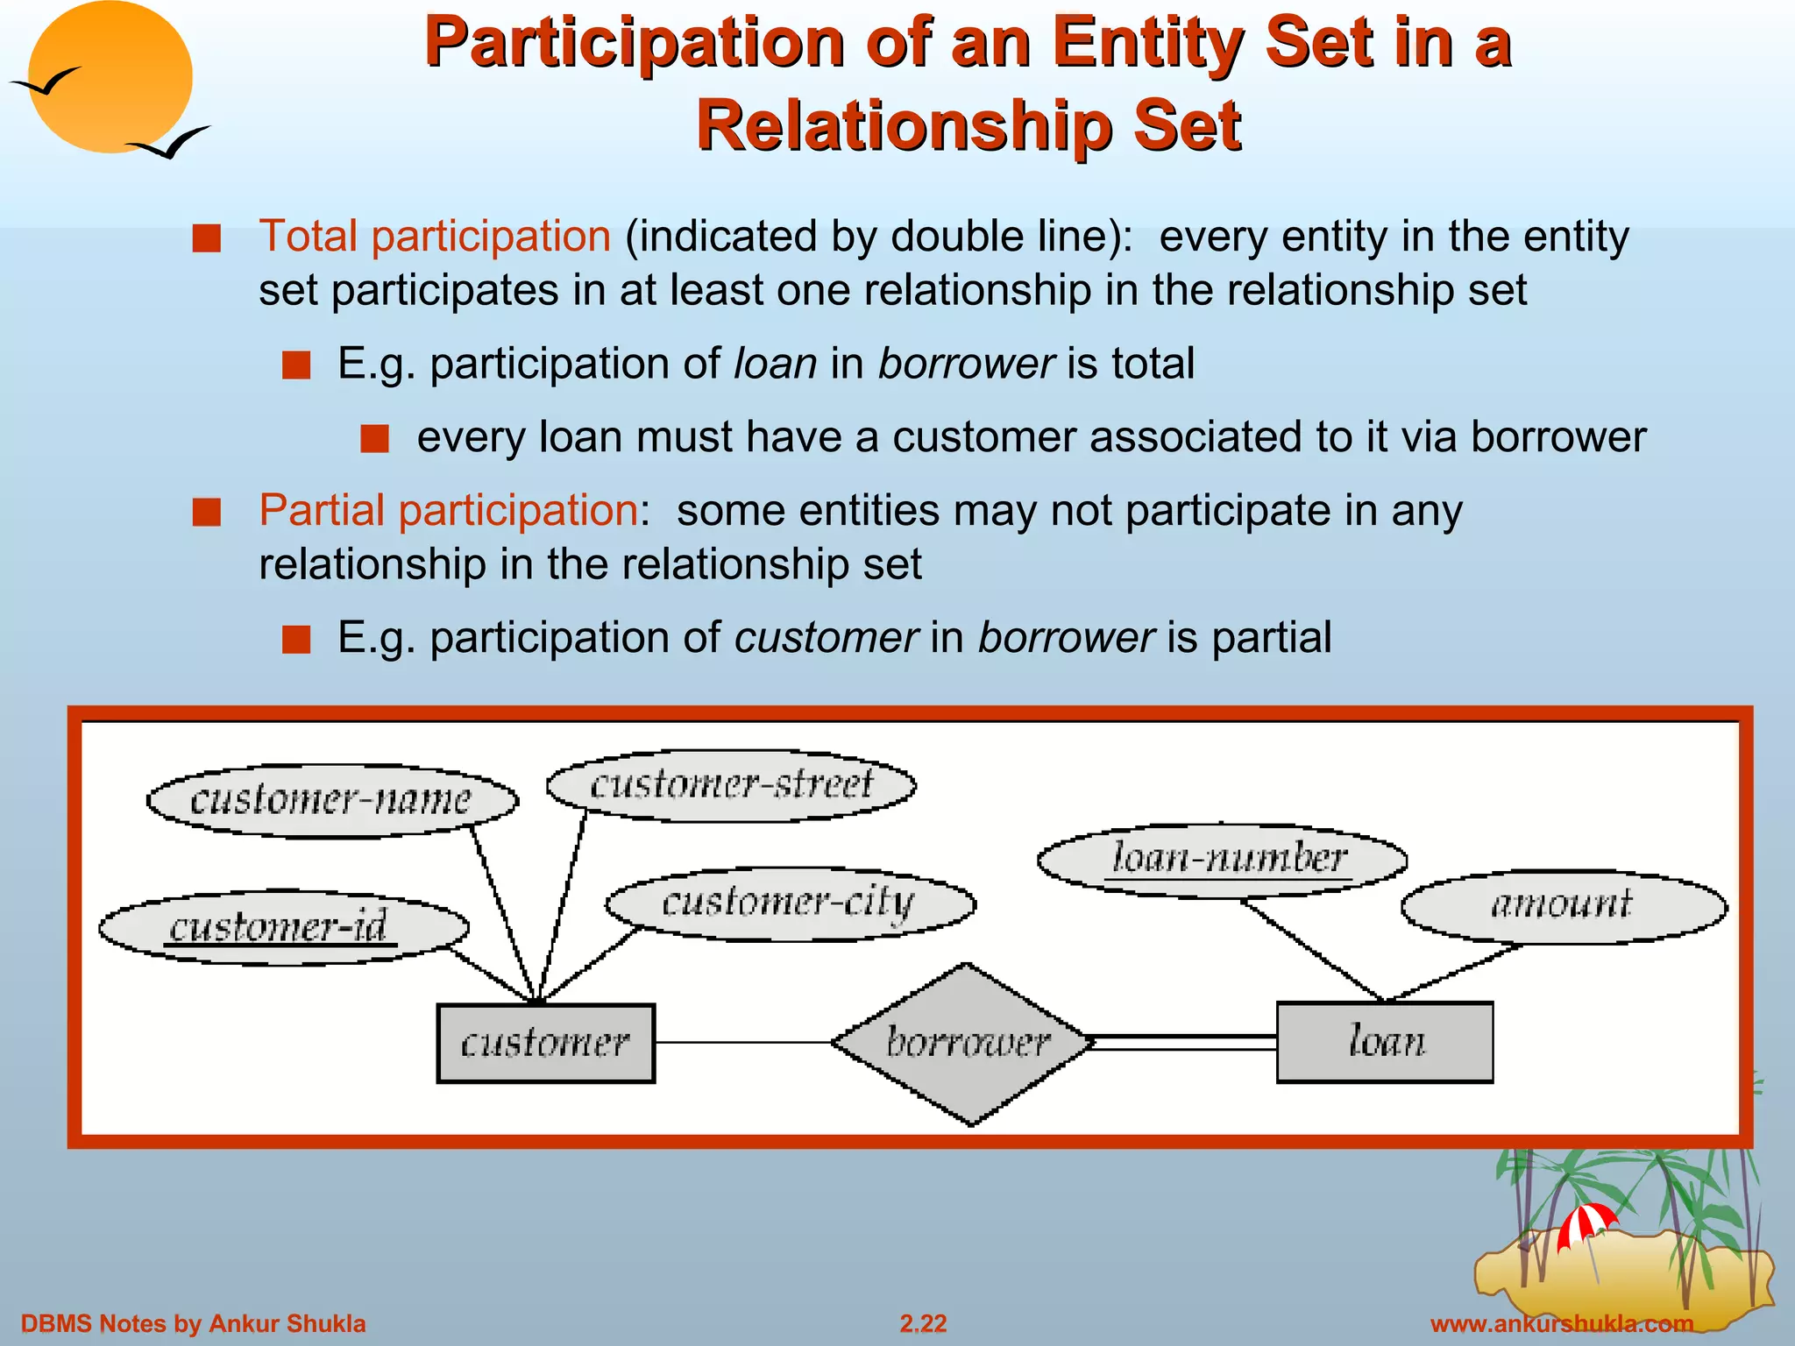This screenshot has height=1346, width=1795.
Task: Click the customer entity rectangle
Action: [x=545, y=1043]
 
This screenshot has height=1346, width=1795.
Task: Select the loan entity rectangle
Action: [x=1385, y=1042]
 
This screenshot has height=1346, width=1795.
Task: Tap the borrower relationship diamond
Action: [x=964, y=1043]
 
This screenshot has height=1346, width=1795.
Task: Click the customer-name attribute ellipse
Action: [x=331, y=800]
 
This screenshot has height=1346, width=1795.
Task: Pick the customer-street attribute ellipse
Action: [x=731, y=785]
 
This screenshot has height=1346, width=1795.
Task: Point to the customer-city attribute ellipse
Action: [x=789, y=903]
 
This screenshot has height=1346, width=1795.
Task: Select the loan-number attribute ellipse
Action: [x=1222, y=860]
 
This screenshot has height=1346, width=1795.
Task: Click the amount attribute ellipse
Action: [x=1564, y=906]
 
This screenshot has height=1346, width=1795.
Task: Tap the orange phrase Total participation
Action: [x=435, y=237]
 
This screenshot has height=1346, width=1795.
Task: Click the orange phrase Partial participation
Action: [x=448, y=510]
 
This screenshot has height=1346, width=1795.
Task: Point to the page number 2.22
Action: [x=923, y=1323]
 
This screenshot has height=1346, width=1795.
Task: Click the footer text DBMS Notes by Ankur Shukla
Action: [x=193, y=1323]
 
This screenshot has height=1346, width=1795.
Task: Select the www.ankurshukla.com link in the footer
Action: [x=1561, y=1323]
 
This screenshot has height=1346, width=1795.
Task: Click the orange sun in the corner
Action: [x=110, y=77]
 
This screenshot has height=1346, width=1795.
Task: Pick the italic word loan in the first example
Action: [x=775, y=364]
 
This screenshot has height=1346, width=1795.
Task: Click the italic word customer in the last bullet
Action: [x=826, y=637]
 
